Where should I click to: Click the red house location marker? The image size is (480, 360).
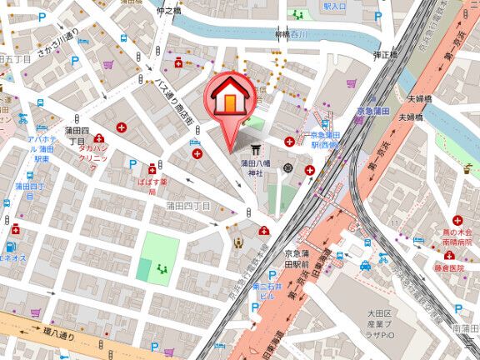[x=230, y=98]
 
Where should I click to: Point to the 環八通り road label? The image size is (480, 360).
[x=59, y=339]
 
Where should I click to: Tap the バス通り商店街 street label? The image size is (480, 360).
[x=176, y=103]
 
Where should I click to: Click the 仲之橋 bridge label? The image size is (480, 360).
[x=167, y=11]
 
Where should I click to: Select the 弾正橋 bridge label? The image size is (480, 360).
[x=384, y=54]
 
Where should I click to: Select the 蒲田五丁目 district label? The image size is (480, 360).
[x=15, y=60]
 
